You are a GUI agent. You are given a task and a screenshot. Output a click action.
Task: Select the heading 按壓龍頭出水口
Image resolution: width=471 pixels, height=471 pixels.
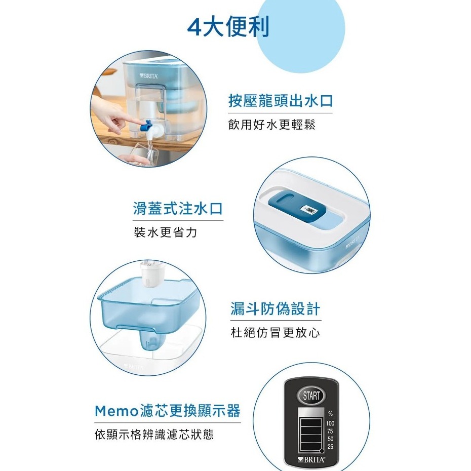pos(281,101)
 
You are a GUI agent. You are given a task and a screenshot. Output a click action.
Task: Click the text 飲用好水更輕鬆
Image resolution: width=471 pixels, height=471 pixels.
pos(271,125)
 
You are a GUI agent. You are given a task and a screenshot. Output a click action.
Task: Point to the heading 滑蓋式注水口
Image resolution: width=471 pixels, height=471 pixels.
pos(178,208)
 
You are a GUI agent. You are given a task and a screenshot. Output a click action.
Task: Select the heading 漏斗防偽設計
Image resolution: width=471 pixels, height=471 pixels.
pos(276,308)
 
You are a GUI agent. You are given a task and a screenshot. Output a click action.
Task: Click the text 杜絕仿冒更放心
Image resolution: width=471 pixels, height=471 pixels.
pos(276,333)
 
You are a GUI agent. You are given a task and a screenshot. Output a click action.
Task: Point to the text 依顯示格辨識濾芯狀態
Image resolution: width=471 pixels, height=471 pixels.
pos(154,435)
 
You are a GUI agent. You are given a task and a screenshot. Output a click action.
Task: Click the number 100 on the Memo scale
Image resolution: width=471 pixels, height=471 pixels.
pos(330,423)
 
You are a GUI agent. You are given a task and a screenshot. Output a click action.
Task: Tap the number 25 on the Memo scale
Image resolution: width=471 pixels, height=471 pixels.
pos(330,446)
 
